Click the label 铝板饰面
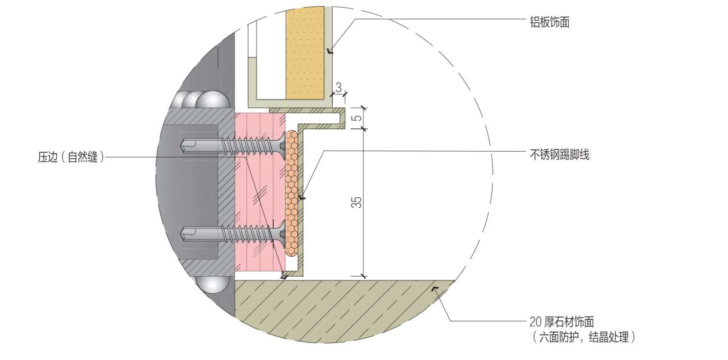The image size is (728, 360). (550, 22)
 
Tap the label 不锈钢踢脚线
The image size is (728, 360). (559, 154)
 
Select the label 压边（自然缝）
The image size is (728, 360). (71, 157)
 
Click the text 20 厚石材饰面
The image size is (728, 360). (562, 322)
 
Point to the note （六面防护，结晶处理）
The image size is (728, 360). (584, 337)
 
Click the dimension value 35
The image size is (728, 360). (357, 202)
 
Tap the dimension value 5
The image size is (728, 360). (357, 117)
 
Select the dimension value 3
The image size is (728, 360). (339, 87)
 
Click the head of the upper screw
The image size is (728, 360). (282, 145)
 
